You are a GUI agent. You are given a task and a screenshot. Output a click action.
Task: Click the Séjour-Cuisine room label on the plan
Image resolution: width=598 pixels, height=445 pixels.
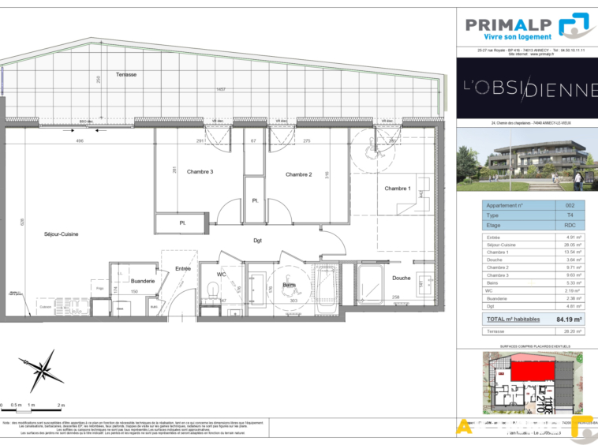pos(61,234)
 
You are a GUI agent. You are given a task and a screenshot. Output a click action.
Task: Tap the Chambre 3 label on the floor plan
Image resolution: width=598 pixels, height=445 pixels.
pos(200,171)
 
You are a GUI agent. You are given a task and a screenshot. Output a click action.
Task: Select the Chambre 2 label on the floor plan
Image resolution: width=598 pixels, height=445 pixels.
pos(299,174)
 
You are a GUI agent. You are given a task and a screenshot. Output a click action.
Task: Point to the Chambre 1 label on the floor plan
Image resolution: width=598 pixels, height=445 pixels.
pos(398,189)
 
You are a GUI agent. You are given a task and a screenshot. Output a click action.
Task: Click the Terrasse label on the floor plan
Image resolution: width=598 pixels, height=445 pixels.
pos(125,74)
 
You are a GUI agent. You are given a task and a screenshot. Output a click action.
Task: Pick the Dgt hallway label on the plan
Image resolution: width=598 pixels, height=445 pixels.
pos(257,241)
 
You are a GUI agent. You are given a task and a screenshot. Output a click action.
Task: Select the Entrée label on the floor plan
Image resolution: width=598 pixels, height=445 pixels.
pos(183,268)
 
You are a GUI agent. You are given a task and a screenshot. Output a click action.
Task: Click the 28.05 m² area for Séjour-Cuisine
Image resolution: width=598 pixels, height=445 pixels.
pos(574,245)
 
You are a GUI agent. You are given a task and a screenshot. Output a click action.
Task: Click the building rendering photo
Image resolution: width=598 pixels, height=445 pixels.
pos(527,161)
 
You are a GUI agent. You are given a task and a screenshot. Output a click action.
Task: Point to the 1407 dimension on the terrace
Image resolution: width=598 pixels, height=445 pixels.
pos(221,89)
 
